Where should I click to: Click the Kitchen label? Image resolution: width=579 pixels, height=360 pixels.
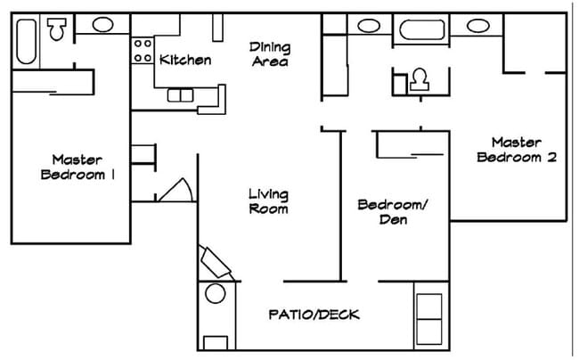pos(185,61)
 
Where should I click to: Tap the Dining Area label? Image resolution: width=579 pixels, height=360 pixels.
pos(268,53)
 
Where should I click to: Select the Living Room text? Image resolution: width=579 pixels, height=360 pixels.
pos(268,201)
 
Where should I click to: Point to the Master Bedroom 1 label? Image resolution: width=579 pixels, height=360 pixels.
pos(79,167)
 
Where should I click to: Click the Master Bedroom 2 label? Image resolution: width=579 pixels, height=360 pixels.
pos(518,150)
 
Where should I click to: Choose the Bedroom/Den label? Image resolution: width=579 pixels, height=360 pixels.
pos(393,211)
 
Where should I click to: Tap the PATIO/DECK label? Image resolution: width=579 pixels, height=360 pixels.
pos(314,315)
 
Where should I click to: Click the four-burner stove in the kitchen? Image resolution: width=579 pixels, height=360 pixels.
pos(143,51)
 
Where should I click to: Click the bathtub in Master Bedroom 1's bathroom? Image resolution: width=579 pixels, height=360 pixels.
pos(25,40)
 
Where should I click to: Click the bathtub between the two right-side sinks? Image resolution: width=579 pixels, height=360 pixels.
pos(422,29)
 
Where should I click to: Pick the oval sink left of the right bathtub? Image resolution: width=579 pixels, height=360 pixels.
pos(368,25)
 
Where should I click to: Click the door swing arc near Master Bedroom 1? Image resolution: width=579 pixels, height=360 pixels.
pos(175,190)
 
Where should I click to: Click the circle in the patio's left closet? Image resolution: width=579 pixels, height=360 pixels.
pos(216,295)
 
